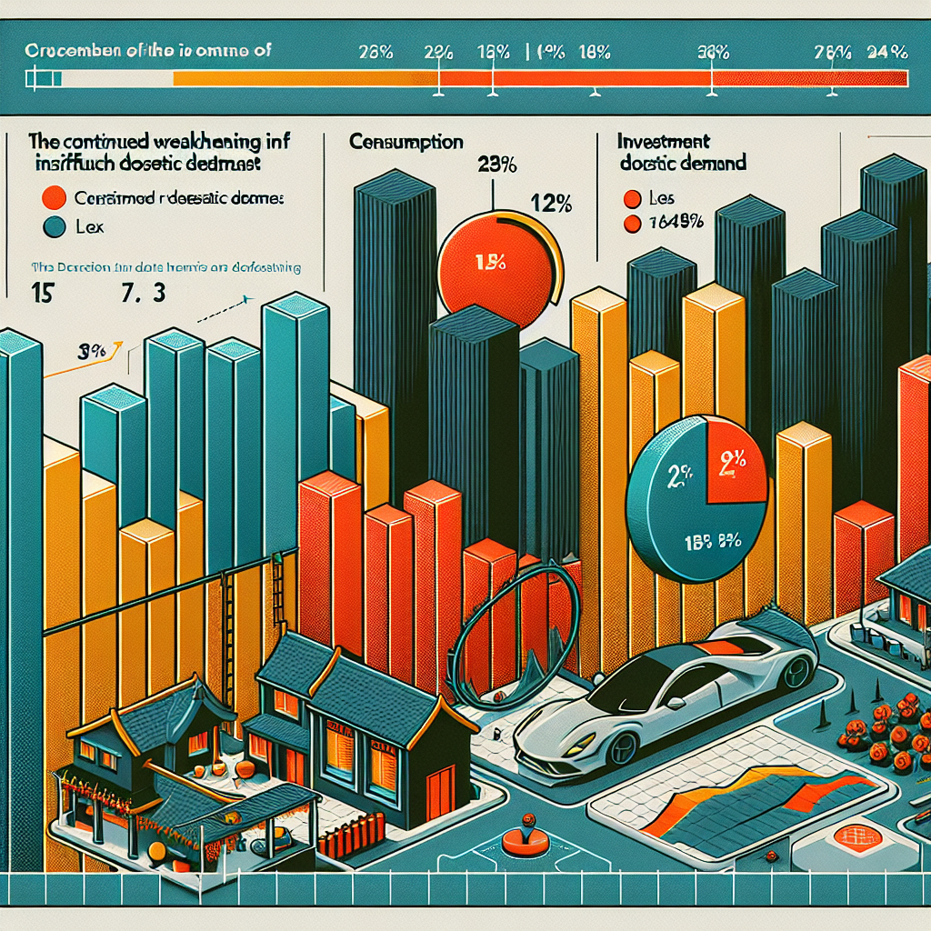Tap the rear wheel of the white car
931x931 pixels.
point(796,671)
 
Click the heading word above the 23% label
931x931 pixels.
point(405,143)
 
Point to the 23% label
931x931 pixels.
point(496,165)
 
